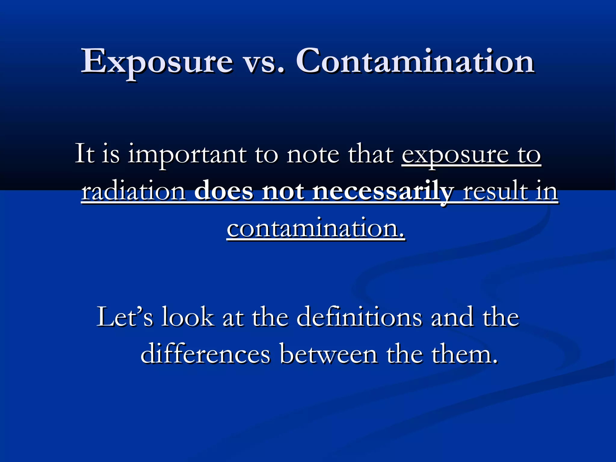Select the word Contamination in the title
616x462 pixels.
[415, 62]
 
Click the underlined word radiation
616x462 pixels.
[134, 191]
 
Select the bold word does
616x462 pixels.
[224, 191]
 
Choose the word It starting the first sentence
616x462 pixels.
[84, 154]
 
